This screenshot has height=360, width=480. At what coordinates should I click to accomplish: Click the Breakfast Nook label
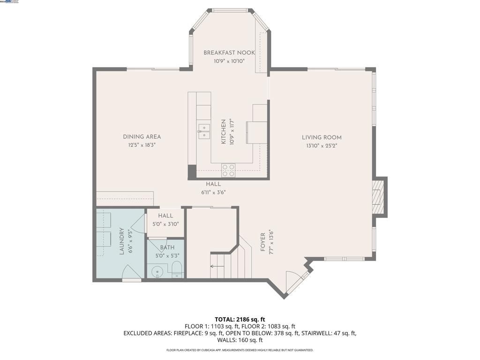click(225, 53)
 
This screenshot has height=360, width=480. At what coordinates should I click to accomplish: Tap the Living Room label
click(322, 137)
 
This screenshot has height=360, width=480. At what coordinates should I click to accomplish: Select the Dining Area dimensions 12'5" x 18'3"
click(142, 145)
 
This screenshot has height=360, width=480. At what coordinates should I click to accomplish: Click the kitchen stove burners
click(228, 170)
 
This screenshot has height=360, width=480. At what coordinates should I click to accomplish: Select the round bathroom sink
click(157, 271)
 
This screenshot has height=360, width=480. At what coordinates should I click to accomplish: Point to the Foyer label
click(263, 241)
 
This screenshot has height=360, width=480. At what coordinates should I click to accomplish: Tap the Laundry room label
click(121, 241)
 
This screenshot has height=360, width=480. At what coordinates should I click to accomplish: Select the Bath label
click(167, 247)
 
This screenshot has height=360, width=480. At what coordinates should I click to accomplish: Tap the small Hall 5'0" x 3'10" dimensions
click(165, 224)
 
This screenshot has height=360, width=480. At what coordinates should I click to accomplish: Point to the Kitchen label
click(224, 131)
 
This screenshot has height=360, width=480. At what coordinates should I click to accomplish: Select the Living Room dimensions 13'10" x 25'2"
click(322, 145)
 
